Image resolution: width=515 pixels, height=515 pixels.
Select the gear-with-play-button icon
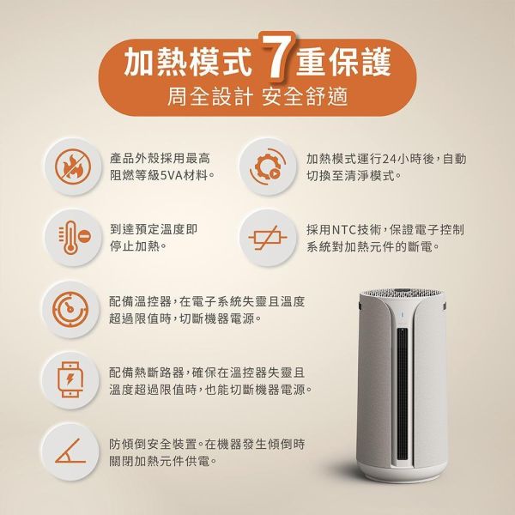(x=264, y=167)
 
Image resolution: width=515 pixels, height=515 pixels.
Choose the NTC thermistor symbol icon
(x=264, y=237)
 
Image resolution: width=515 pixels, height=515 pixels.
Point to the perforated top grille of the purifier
(x=401, y=294)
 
